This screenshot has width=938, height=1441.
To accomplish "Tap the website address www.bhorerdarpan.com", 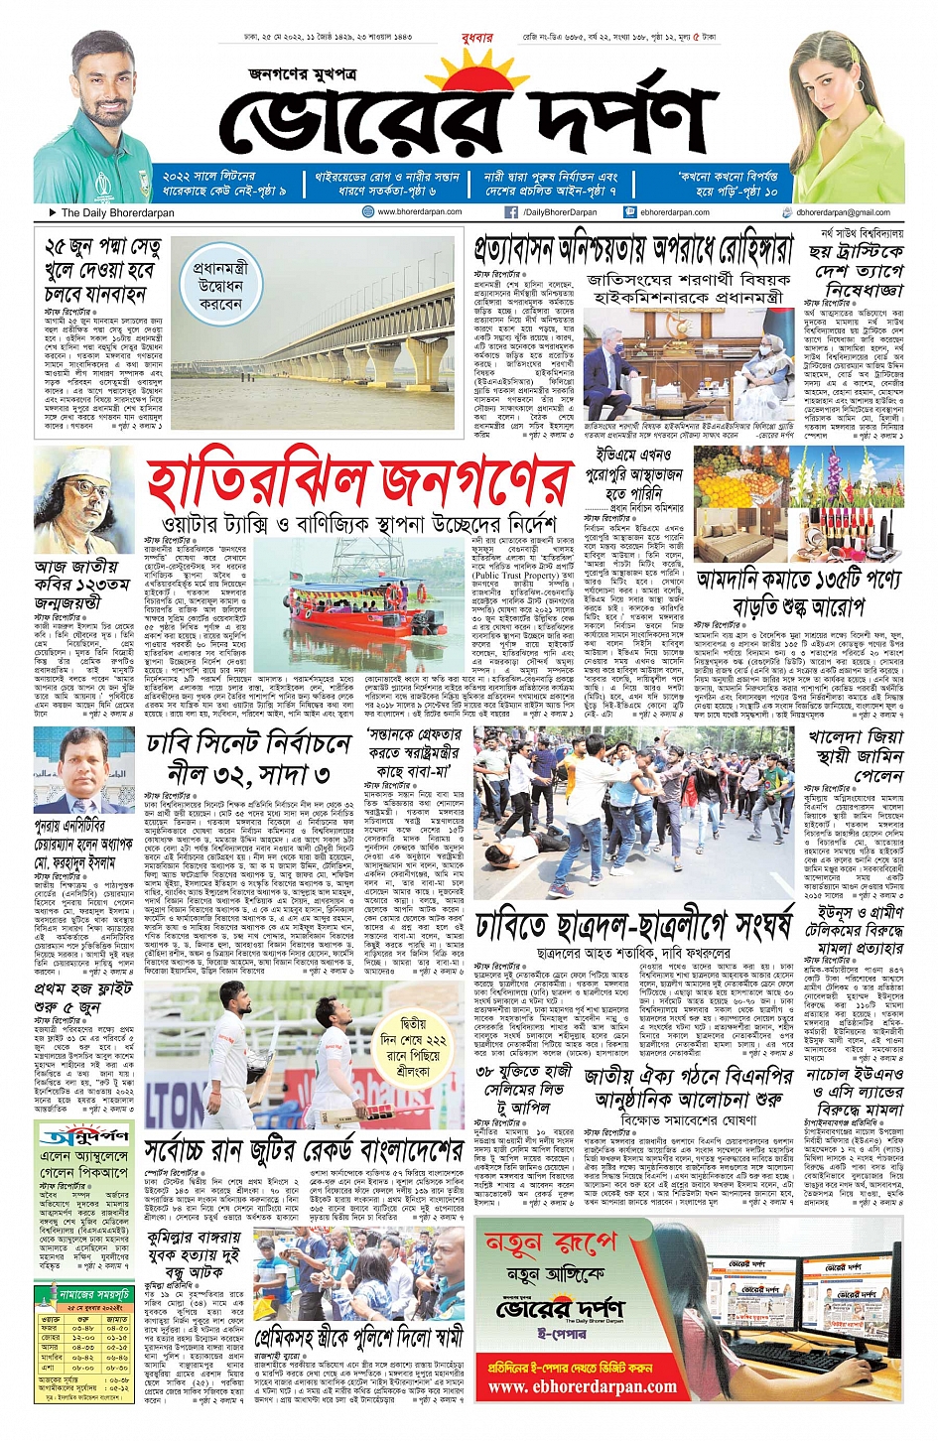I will tap(419, 211).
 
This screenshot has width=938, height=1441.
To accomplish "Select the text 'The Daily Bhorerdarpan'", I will tap(117, 212).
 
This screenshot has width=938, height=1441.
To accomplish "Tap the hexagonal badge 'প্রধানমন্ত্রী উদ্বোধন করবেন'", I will tap(219, 286).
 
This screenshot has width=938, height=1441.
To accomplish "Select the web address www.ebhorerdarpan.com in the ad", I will tap(582, 1386).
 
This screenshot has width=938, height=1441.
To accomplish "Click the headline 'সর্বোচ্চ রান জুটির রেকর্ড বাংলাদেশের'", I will tap(304, 1151).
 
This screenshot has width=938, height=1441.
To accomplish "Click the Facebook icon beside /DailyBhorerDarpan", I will tap(510, 212).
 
